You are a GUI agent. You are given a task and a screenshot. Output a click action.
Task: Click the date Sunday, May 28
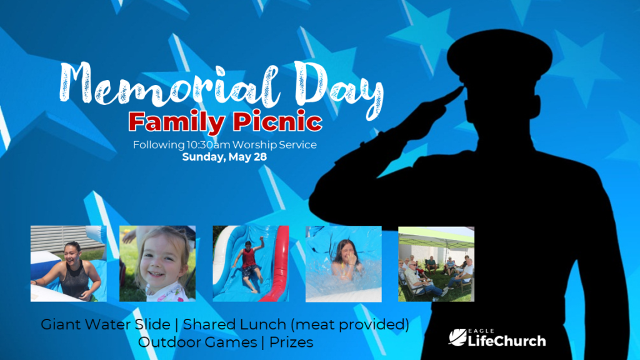coord(224,157)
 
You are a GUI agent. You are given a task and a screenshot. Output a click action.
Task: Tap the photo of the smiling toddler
coord(157,264)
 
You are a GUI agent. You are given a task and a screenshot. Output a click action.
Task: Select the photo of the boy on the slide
coord(251,264)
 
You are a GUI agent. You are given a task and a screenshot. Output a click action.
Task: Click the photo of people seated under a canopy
coord(436,264)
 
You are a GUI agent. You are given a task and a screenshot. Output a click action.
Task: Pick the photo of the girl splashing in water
coord(344,264)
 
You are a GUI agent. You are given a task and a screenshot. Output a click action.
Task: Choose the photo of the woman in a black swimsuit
coord(69,264)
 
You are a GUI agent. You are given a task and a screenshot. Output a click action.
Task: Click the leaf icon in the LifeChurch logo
coord(457,337)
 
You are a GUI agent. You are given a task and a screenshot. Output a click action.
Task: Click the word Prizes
coord(291,342)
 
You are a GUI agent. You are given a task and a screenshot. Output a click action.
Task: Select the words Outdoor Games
coord(197,342)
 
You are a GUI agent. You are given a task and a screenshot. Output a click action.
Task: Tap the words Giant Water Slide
coord(105,324)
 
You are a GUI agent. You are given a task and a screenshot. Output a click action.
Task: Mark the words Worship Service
coord(274,145)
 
